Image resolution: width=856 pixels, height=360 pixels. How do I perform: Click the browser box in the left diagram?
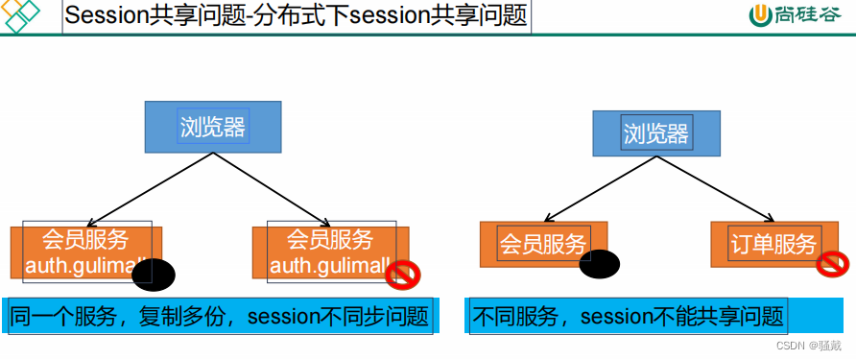click(213, 127)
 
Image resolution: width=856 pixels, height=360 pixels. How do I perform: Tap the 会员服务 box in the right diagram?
click(542, 244)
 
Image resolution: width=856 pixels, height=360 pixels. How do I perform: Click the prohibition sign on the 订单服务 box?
click(832, 263)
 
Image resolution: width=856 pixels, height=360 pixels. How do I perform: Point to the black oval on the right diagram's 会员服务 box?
click(600, 262)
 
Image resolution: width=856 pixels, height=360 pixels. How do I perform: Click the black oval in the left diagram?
click(154, 275)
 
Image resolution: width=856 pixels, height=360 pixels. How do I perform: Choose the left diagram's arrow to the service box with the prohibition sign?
click(278, 186)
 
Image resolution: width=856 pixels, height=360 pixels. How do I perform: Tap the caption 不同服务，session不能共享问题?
click(627, 316)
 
